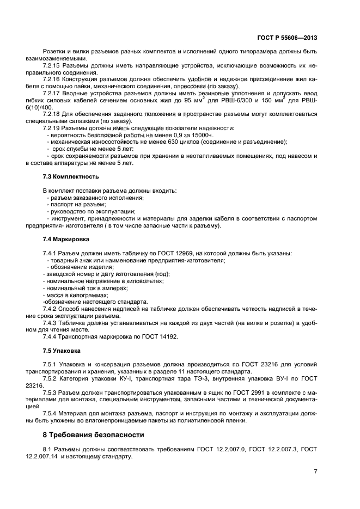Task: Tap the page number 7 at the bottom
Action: [x=315, y=471]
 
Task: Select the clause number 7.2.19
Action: [x=52, y=128]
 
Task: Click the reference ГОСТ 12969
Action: [x=168, y=254]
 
